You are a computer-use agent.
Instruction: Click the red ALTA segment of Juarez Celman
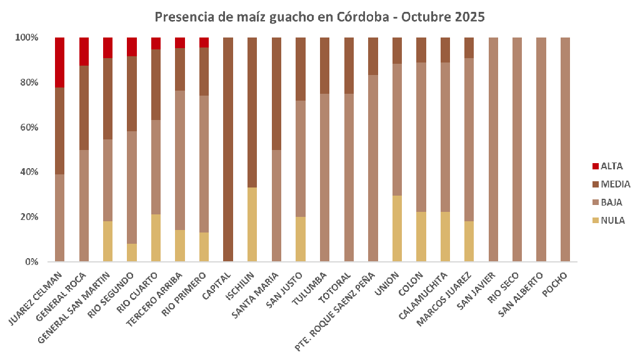point(60,62)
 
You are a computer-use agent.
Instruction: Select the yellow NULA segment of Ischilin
point(252,224)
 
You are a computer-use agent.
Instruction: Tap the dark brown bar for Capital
point(228,149)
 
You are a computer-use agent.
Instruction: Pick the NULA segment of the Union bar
point(397,229)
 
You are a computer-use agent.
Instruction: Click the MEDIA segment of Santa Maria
point(276,94)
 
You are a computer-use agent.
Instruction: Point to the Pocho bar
point(565,149)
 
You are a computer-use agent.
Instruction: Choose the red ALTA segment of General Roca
point(84,51)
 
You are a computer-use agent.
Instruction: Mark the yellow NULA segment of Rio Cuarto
point(156,238)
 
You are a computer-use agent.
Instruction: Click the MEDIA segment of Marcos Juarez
point(469,47)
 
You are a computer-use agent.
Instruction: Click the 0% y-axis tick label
point(31,262)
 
